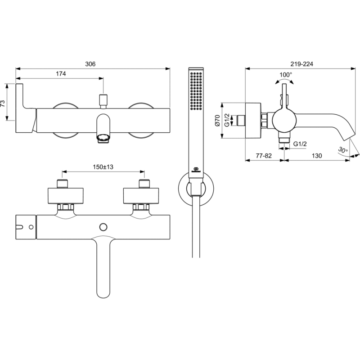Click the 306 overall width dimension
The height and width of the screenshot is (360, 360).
[90, 64]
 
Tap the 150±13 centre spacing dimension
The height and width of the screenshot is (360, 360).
[103, 167]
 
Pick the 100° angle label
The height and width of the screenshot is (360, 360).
[285, 74]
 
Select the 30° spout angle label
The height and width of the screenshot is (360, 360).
[342, 150]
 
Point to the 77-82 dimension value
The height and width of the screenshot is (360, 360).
[263, 155]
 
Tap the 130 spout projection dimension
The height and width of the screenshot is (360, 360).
[317, 155]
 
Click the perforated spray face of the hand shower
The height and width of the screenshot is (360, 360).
[196, 90]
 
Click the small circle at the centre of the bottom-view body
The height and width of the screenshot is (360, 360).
[104, 226]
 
